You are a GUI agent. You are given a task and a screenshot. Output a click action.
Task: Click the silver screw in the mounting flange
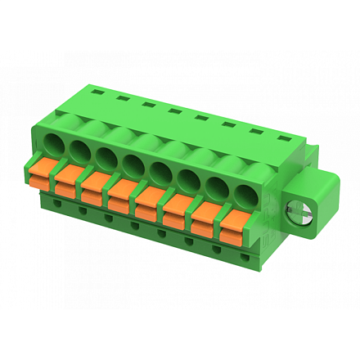click(295, 214)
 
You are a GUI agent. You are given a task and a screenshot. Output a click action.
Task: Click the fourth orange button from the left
click(121, 191)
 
